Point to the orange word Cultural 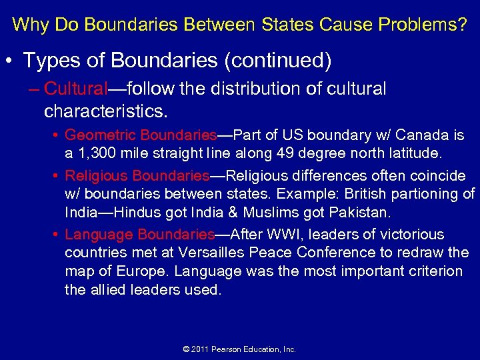[x=75, y=89]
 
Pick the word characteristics [x=106, y=109]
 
